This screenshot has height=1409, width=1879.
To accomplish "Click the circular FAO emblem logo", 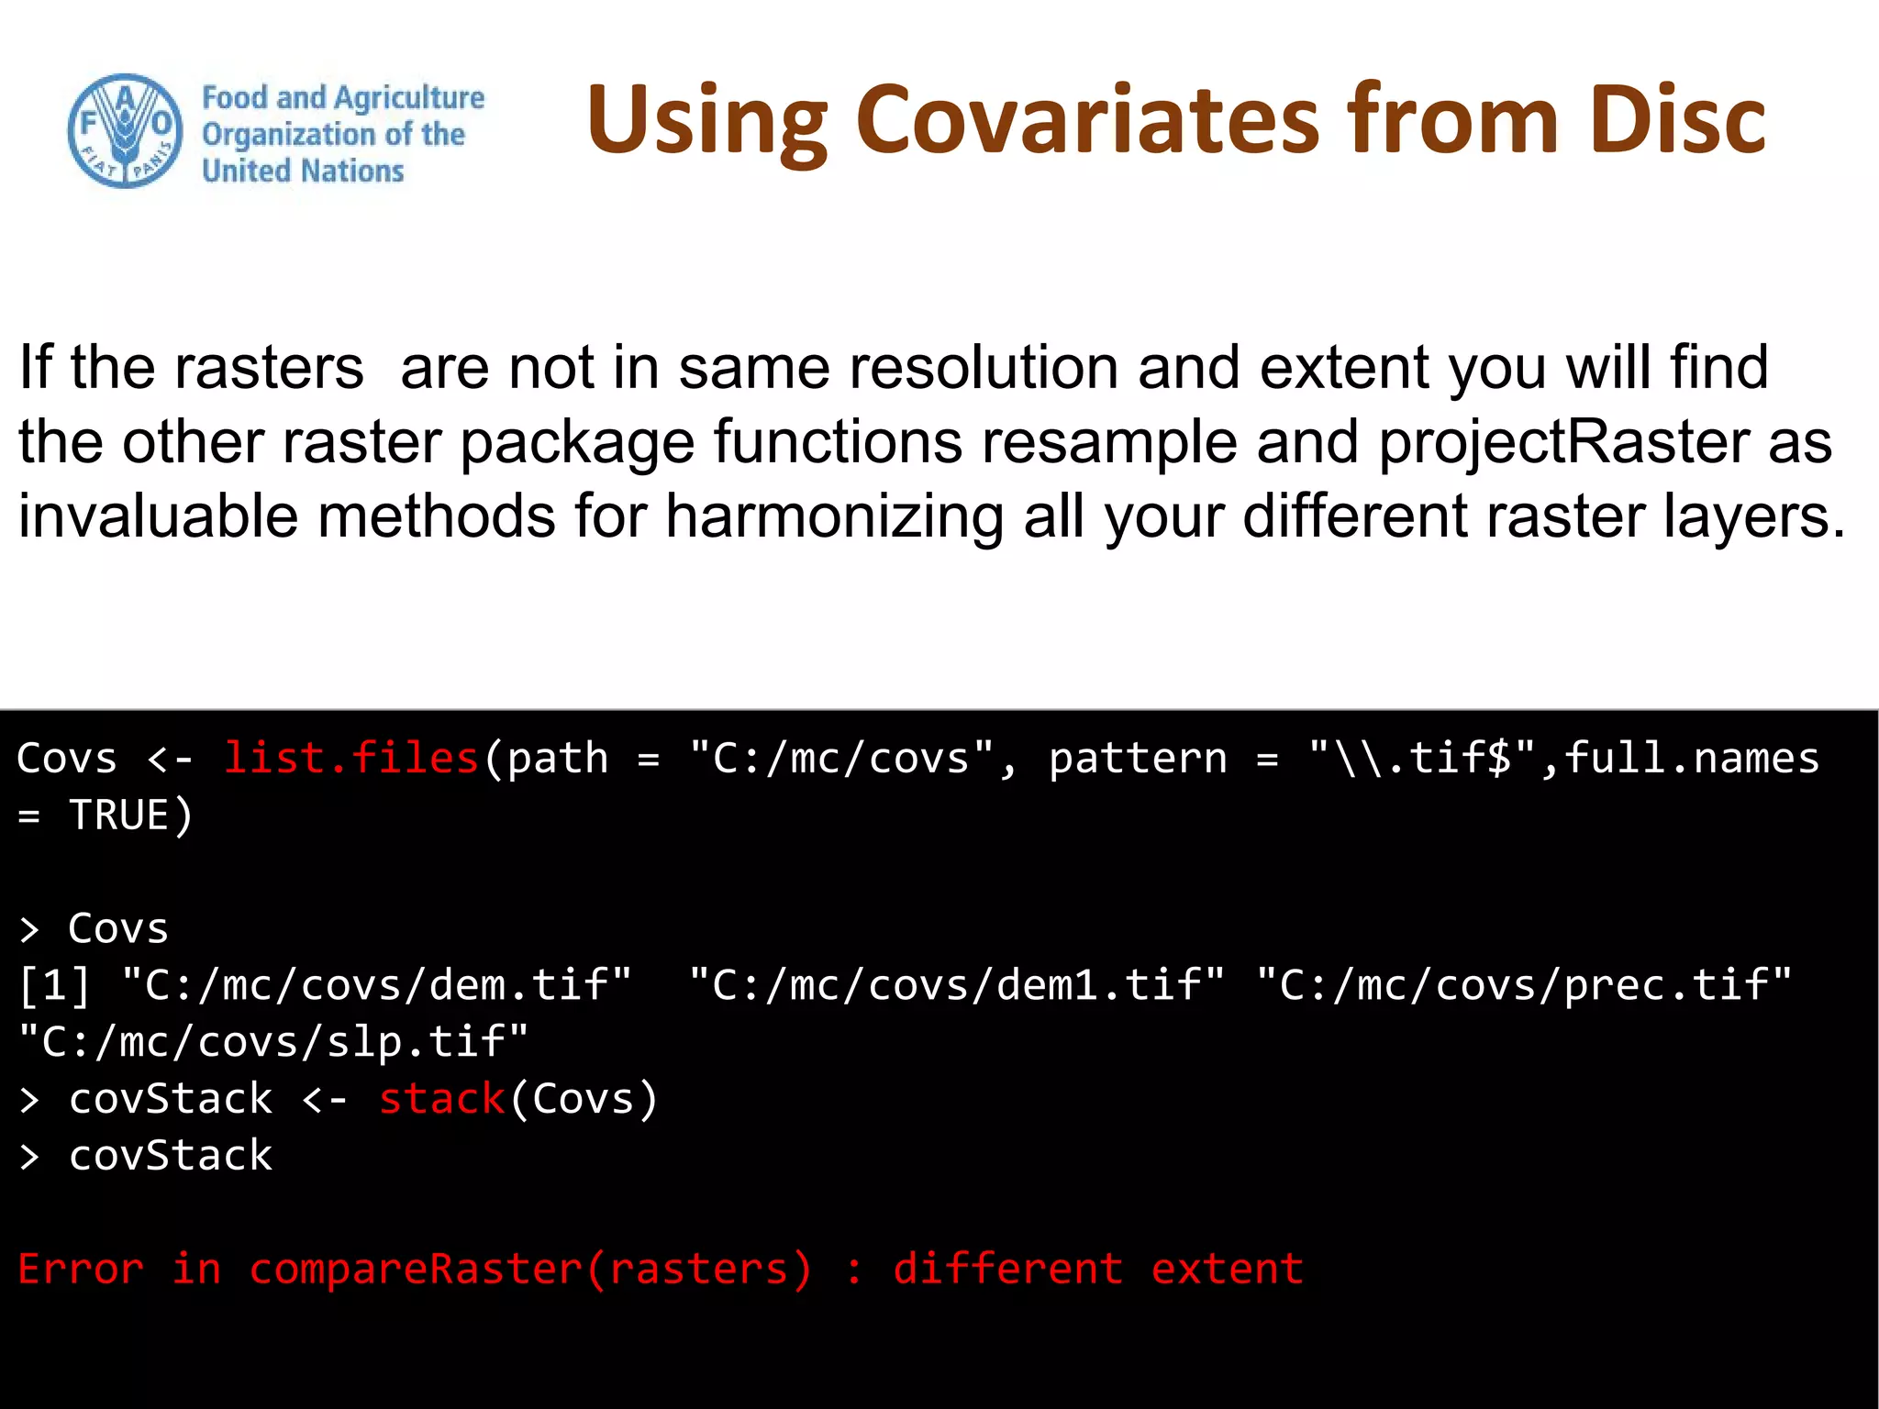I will pyautogui.click(x=126, y=131).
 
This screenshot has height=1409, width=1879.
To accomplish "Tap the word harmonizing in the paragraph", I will pyautogui.click(x=835, y=516).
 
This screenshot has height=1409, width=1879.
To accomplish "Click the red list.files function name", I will pyautogui.click(x=351, y=759).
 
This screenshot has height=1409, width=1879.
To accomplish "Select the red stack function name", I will pyautogui.click(x=441, y=1099).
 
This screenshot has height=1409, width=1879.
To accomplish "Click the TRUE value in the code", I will pyautogui.click(x=119, y=815).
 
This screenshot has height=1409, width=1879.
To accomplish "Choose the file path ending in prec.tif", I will pyautogui.click(x=1523, y=985).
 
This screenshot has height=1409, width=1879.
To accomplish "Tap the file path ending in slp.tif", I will pyautogui.click(x=274, y=1042).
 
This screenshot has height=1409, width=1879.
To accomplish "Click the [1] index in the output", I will pyautogui.click(x=55, y=985).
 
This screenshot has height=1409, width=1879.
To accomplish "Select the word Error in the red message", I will pyautogui.click(x=81, y=1270).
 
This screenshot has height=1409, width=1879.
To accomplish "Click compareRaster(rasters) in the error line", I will pyautogui.click(x=530, y=1270).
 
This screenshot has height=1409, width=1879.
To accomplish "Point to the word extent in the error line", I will pyautogui.click(x=1227, y=1270).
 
